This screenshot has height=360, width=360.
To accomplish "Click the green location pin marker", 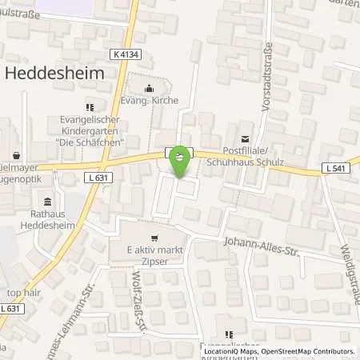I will [x=181, y=161].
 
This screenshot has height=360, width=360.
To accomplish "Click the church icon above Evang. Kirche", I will [x=148, y=89].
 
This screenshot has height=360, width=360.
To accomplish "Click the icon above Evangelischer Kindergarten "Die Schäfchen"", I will [x=90, y=106].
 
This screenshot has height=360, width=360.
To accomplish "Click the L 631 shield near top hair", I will [x=11, y=308].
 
